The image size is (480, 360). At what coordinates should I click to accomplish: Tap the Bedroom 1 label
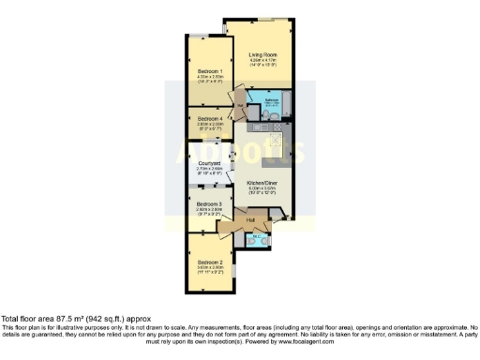pyautogui.click(x=210, y=72)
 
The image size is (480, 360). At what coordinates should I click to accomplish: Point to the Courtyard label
pyautogui.click(x=209, y=163)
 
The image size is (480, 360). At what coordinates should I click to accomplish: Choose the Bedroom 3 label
pyautogui.click(x=209, y=203)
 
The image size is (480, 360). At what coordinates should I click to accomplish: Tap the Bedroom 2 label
pyautogui.click(x=209, y=262)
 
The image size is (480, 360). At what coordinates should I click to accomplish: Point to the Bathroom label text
pyautogui.click(x=270, y=98)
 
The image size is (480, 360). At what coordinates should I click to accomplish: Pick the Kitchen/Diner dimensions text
pyautogui.click(x=262, y=189)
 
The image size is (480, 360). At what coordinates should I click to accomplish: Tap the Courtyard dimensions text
pyautogui.click(x=209, y=171)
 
